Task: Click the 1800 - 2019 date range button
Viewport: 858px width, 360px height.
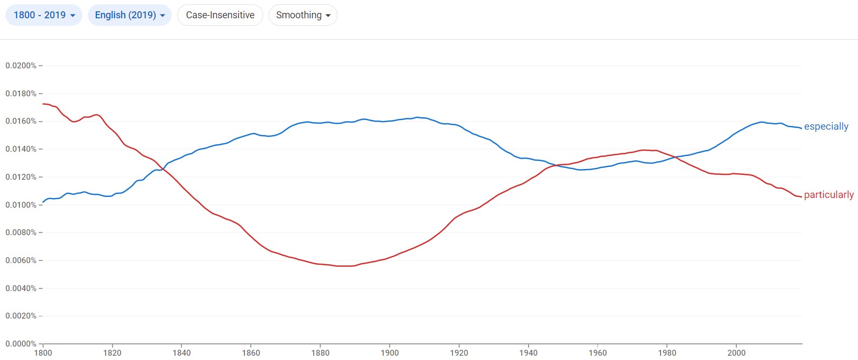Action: click(44, 15)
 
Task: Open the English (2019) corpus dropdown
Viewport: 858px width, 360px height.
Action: click(129, 15)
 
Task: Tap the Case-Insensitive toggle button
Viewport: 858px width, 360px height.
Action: click(220, 15)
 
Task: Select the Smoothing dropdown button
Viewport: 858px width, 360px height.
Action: click(303, 15)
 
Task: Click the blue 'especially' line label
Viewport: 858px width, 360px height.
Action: click(826, 126)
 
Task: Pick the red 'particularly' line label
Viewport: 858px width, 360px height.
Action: click(828, 195)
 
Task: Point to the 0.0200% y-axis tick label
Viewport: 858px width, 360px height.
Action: click(21, 66)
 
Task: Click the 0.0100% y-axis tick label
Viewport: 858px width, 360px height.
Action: click(21, 205)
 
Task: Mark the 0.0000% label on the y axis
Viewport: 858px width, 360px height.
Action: click(21, 344)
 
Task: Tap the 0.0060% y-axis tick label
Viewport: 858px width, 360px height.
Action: click(21, 260)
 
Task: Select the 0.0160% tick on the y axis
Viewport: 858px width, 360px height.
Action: click(21, 122)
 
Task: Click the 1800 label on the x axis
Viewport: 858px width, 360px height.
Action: click(43, 353)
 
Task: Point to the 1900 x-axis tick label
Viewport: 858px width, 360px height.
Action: click(390, 353)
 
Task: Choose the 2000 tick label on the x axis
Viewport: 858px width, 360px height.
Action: click(736, 353)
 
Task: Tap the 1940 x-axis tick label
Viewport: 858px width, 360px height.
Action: click(529, 353)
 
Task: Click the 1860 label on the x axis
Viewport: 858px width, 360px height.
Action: click(251, 353)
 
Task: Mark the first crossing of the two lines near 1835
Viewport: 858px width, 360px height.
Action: click(163, 170)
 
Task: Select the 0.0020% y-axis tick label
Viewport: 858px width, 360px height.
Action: click(21, 316)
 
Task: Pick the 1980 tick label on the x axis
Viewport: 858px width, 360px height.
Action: click(667, 353)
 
